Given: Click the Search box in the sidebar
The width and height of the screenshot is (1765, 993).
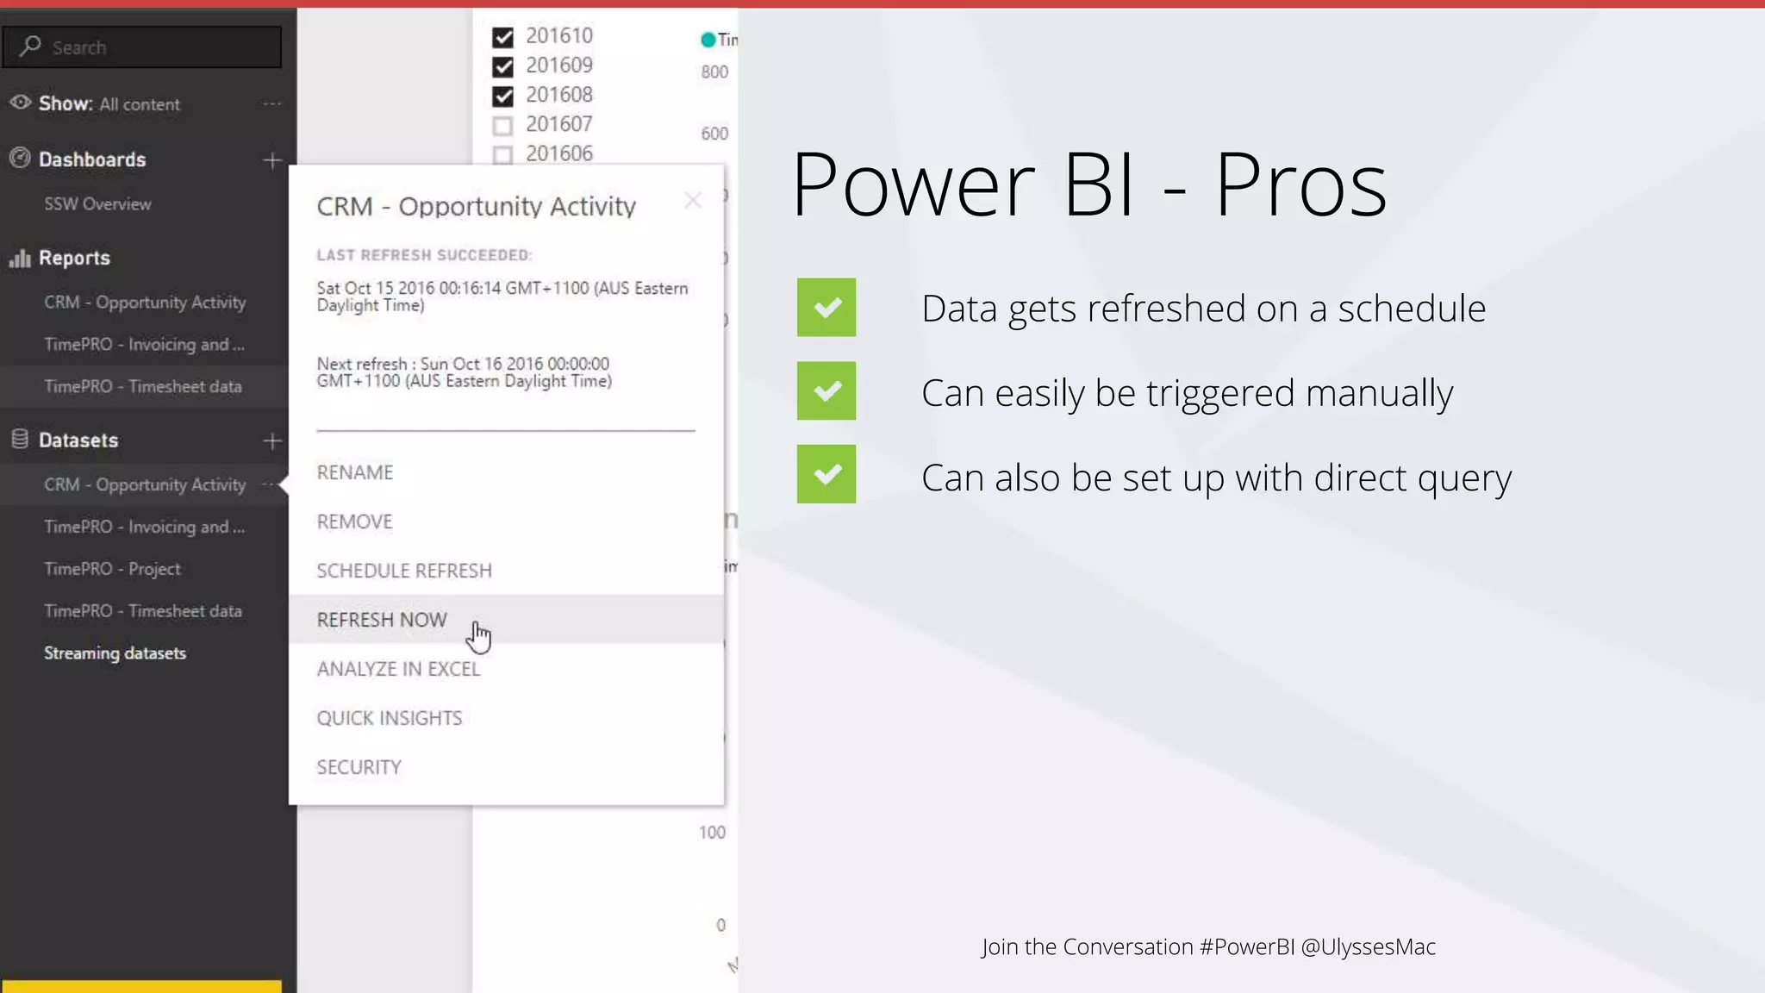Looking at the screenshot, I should click(142, 47).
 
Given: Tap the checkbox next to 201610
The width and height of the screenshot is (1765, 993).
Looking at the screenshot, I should click(502, 37).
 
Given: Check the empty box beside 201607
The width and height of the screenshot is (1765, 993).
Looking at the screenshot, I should click(502, 126).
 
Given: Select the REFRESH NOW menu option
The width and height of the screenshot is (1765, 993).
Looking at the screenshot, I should click(382, 620).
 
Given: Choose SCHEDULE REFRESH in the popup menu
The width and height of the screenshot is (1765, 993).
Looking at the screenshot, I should click(404, 571).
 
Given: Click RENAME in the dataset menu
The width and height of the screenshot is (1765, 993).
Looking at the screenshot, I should click(355, 472).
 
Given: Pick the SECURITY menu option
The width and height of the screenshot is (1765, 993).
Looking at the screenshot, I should click(359, 767).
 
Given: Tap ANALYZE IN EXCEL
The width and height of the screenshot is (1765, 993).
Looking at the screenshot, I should click(398, 669).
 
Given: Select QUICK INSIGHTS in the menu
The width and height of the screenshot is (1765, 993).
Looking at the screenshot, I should click(390, 718).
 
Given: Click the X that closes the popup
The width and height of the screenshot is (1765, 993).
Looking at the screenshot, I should click(693, 200).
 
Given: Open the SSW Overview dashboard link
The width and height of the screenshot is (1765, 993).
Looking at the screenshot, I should click(97, 204).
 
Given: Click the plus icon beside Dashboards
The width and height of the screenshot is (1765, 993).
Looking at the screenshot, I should click(272, 160).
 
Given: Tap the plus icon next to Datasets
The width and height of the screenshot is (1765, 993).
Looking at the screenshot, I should click(272, 441).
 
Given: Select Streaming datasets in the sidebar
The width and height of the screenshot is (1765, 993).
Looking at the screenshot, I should click(115, 653).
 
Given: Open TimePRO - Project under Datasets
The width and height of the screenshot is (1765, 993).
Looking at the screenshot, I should click(112, 569).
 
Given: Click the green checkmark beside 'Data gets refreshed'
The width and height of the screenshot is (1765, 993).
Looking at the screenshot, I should click(826, 307).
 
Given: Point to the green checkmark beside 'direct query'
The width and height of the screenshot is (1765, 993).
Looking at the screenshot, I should click(826, 474).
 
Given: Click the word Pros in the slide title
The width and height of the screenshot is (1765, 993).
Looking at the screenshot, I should click(1300, 184).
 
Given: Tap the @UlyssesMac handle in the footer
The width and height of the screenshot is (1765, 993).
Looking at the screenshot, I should click(1368, 946).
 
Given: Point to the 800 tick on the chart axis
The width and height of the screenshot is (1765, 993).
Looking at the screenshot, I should click(714, 72).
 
